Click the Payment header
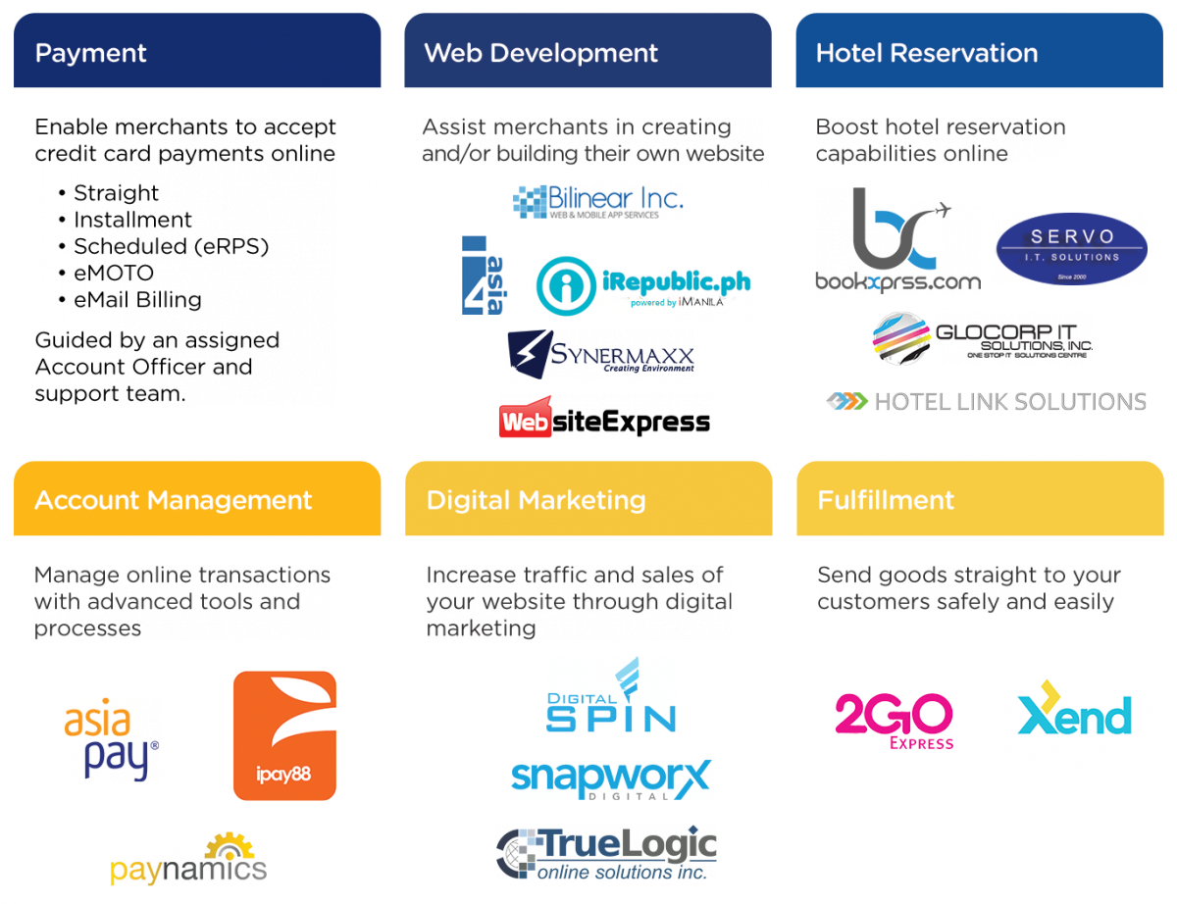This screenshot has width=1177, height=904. tap(196, 52)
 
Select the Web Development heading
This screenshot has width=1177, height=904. tap(587, 52)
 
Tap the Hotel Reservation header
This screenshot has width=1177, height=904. tap(979, 52)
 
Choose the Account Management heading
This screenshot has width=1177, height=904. tap(196, 500)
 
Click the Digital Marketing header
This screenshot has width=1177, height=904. tap(587, 500)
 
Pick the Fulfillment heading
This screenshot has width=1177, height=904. tap(979, 500)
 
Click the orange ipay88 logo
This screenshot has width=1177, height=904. tap(284, 735)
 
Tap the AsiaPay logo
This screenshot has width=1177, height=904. tap(111, 737)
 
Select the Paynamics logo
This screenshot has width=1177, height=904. tap(188, 860)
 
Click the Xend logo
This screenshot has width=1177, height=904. tap(1074, 713)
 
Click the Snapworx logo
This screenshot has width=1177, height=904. tap(611, 778)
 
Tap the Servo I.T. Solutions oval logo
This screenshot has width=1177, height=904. tap(1070, 248)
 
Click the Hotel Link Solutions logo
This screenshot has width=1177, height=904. tap(986, 401)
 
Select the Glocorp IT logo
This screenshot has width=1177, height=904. tap(981, 339)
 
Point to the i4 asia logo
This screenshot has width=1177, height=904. tap(486, 276)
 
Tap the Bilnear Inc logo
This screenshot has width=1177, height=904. tap(596, 201)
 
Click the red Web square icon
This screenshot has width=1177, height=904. tap(526, 418)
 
